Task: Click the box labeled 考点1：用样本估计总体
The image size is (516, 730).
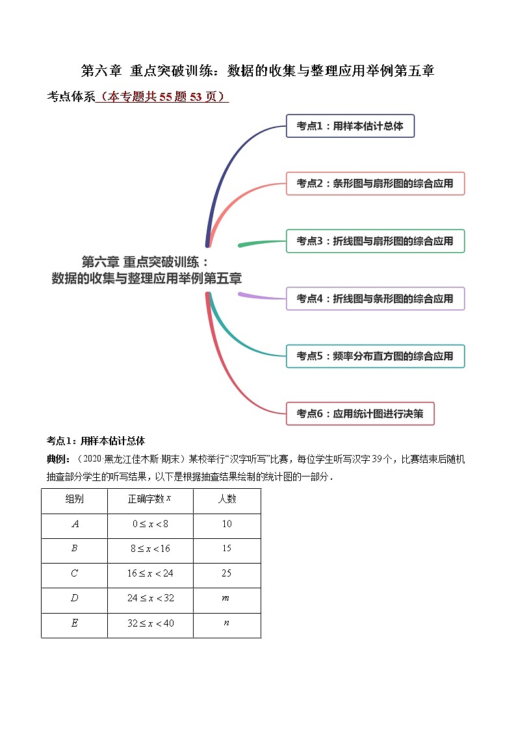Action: [x=350, y=126]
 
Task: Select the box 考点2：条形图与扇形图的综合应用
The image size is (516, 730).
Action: [x=375, y=183]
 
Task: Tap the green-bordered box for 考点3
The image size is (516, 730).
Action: [x=375, y=241]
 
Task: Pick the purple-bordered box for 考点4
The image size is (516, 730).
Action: [x=375, y=298]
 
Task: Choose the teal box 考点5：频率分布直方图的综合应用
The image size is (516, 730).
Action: [x=375, y=356]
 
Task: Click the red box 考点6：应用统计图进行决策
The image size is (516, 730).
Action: [x=359, y=413]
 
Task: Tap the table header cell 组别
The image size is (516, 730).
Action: [x=74, y=499]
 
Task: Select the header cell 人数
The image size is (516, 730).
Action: [x=227, y=499]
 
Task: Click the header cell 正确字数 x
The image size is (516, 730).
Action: [x=150, y=499]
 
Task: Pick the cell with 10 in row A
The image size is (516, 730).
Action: [x=227, y=524]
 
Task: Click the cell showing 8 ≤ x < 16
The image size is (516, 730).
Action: [x=150, y=549]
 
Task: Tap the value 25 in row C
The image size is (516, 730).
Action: [x=227, y=573]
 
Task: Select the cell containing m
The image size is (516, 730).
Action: [x=227, y=598]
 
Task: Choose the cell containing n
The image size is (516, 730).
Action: [x=227, y=623]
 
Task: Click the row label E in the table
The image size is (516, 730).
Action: [x=74, y=623]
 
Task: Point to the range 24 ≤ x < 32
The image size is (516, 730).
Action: [x=150, y=598]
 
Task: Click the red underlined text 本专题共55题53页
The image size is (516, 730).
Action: [x=162, y=97]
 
